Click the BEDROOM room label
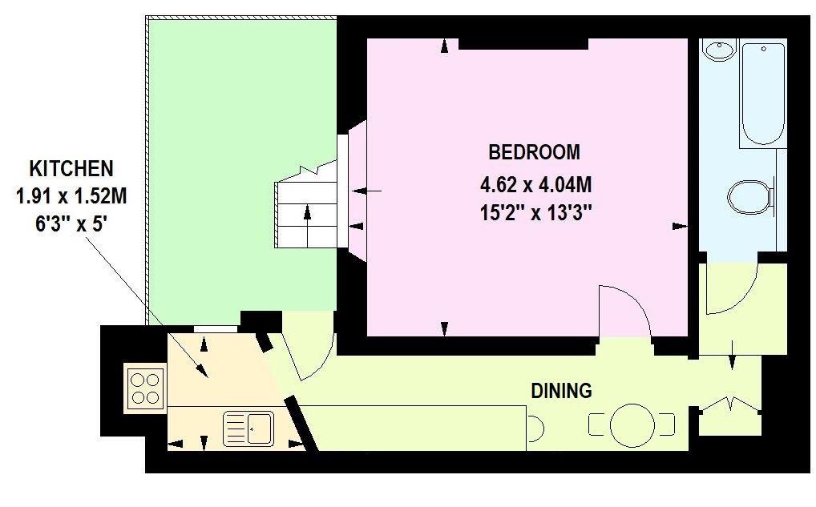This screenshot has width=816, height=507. pyautogui.click(x=534, y=151)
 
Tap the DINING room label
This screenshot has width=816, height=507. pyautogui.click(x=561, y=391)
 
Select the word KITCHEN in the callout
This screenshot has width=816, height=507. pyautogui.click(x=71, y=169)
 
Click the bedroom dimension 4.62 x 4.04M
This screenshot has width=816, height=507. pyautogui.click(x=535, y=186)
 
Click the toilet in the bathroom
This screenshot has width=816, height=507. pyautogui.click(x=750, y=195)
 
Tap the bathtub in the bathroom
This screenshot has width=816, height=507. pyautogui.click(x=761, y=94)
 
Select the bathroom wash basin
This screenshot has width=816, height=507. pyautogui.click(x=719, y=50)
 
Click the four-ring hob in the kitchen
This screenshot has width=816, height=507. pyautogui.click(x=145, y=388)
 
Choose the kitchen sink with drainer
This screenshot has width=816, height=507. pyautogui.click(x=248, y=428)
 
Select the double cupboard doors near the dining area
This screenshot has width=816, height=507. pyautogui.click(x=729, y=404)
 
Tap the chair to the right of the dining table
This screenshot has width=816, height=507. pyautogui.click(x=667, y=425)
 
